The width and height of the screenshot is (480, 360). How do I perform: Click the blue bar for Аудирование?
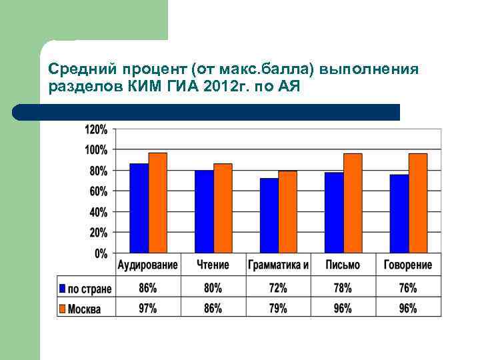(x=139, y=208)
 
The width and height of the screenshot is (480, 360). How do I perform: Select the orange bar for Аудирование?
(x=157, y=203)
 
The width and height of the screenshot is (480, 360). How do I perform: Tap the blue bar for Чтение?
(x=204, y=211)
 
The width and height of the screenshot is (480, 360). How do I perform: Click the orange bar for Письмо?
(x=353, y=203)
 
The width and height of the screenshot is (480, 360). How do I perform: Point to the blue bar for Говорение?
(x=399, y=213)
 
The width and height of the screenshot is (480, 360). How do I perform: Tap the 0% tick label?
(x=101, y=253)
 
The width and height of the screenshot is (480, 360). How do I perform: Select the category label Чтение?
(x=213, y=265)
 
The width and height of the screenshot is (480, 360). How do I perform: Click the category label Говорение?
(x=407, y=265)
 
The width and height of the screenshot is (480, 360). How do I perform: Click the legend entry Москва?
(x=84, y=309)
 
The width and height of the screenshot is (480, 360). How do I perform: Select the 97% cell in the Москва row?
(x=147, y=308)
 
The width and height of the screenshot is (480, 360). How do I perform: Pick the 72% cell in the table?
(x=277, y=289)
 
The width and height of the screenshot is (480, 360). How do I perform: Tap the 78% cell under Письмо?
(x=343, y=289)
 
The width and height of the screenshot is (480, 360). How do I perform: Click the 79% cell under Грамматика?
(x=277, y=308)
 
